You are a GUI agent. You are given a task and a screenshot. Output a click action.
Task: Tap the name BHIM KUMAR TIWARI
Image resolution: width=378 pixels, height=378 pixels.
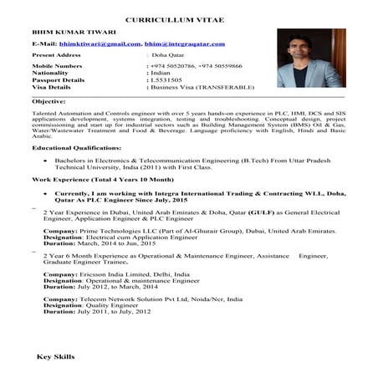[x=68, y=32]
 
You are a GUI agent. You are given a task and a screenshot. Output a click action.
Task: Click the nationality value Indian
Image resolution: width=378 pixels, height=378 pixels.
[x=159, y=72]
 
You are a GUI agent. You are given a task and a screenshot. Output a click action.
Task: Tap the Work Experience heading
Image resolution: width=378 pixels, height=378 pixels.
[x=102, y=179]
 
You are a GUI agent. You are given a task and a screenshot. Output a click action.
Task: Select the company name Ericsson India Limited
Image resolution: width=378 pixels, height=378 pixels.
[x=110, y=274]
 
